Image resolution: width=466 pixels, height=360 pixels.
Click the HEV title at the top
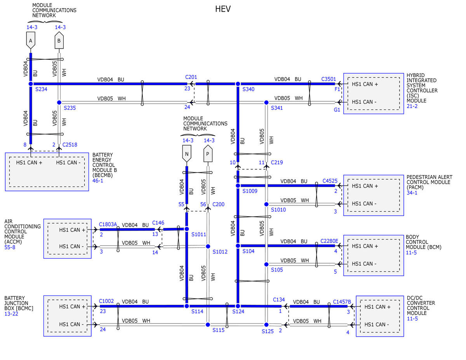223,9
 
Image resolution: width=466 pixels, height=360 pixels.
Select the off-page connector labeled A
31,40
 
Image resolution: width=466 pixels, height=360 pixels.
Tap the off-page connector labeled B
59,40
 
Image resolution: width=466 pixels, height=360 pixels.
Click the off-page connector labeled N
186,153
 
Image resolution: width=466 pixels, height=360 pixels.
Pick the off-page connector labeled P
208,153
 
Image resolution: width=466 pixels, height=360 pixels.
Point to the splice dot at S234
31,84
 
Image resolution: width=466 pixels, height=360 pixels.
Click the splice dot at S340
238,84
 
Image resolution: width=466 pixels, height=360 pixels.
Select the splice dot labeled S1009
238,186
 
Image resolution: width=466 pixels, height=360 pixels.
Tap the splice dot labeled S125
266,324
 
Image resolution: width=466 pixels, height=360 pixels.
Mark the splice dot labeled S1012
208,246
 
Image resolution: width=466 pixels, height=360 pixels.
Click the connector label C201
191,77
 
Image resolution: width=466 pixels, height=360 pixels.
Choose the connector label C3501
329,79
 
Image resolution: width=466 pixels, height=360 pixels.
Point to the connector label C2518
70,145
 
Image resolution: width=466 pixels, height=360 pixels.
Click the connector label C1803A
108,224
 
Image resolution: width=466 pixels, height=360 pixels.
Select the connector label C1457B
342,302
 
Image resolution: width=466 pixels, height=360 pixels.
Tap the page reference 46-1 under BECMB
97,181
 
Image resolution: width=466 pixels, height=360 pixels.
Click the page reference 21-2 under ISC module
412,106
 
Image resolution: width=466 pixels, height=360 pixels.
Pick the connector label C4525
330,181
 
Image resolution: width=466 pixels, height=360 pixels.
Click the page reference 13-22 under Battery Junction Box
11,314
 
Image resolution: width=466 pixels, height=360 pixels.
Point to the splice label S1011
198,234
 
